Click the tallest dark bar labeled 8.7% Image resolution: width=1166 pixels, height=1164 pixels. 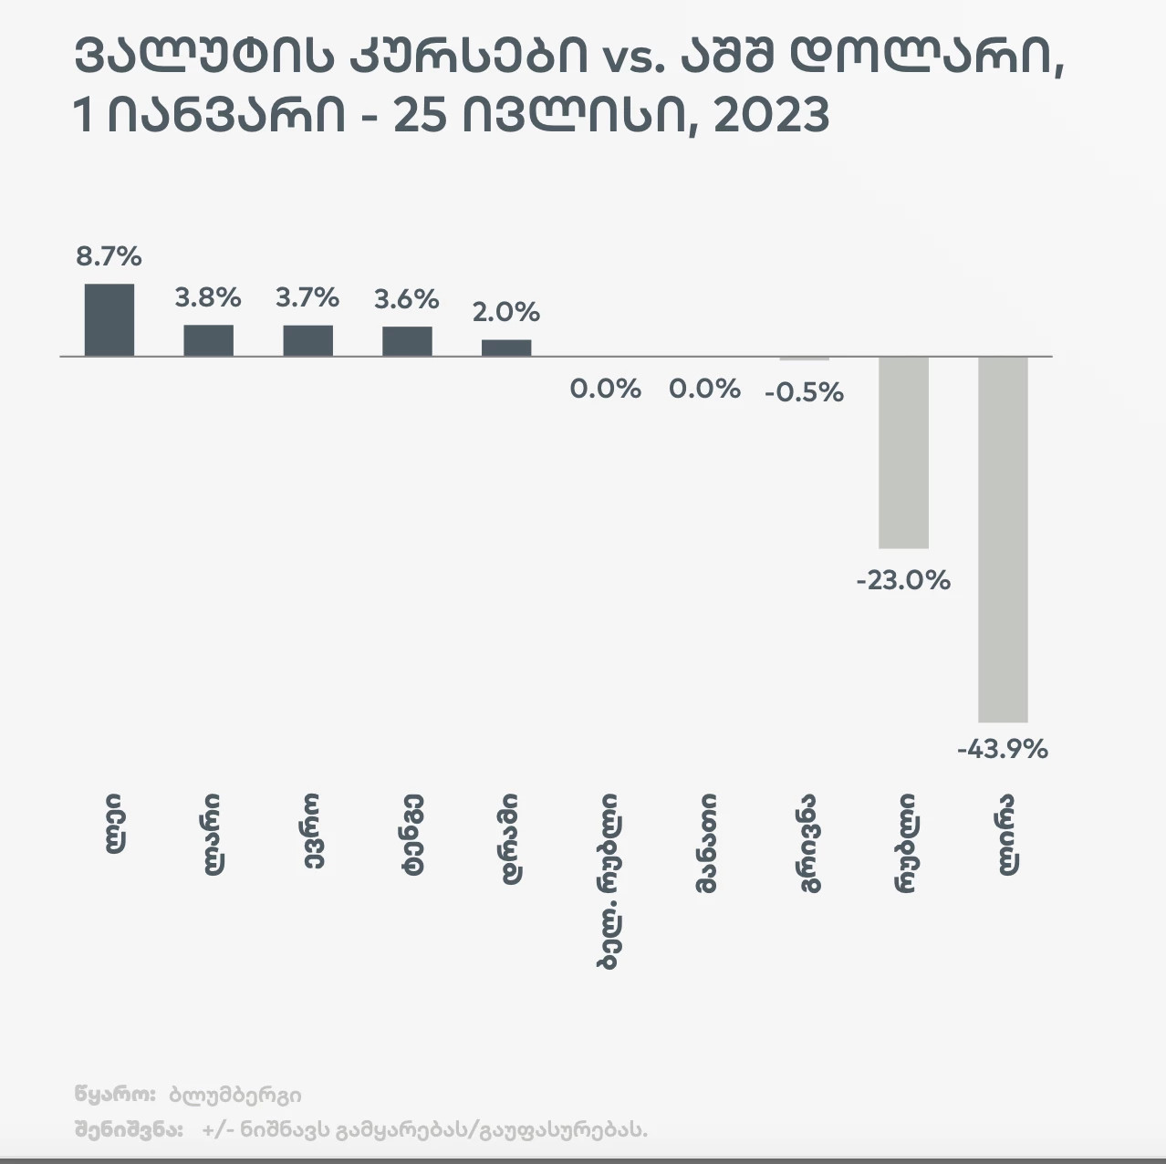pos(109,319)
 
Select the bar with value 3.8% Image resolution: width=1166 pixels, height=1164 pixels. pos(208,340)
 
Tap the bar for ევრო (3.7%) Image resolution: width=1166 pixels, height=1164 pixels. pos(307,340)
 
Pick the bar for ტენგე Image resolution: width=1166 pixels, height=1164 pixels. pos(407,340)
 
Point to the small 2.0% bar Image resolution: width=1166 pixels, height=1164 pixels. pos(506,348)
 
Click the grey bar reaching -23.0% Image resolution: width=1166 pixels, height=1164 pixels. pos(903,452)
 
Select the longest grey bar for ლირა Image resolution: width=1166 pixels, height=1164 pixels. pos(1003,538)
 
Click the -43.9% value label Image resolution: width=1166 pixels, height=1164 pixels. pos(1003,750)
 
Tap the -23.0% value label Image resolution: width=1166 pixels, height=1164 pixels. pos(903,580)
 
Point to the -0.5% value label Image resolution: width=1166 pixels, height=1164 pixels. pos(804,392)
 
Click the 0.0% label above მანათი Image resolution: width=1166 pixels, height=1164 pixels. pos(704,390)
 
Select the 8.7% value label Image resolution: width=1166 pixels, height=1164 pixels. pos(109,256)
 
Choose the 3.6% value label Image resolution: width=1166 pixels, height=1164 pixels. pos(407,298)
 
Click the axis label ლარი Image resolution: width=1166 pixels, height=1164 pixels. pos(210,834)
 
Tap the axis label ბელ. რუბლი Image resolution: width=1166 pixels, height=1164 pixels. pos(608,880)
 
